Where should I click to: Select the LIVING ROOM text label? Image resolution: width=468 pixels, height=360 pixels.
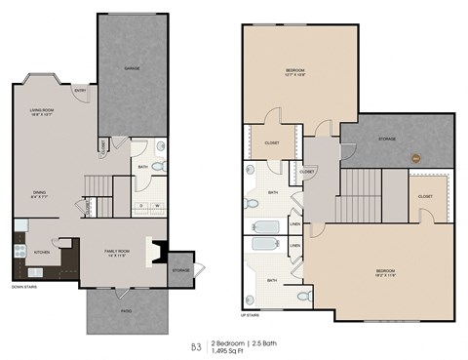pos(41,113)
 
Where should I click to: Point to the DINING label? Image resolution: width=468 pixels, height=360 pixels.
pos(39,194)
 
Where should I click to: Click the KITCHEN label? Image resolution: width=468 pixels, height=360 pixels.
pos(42,253)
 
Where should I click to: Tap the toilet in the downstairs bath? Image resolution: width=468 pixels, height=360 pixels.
pos(160,166)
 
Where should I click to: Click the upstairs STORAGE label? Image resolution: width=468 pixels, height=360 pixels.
pos(387,140)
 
